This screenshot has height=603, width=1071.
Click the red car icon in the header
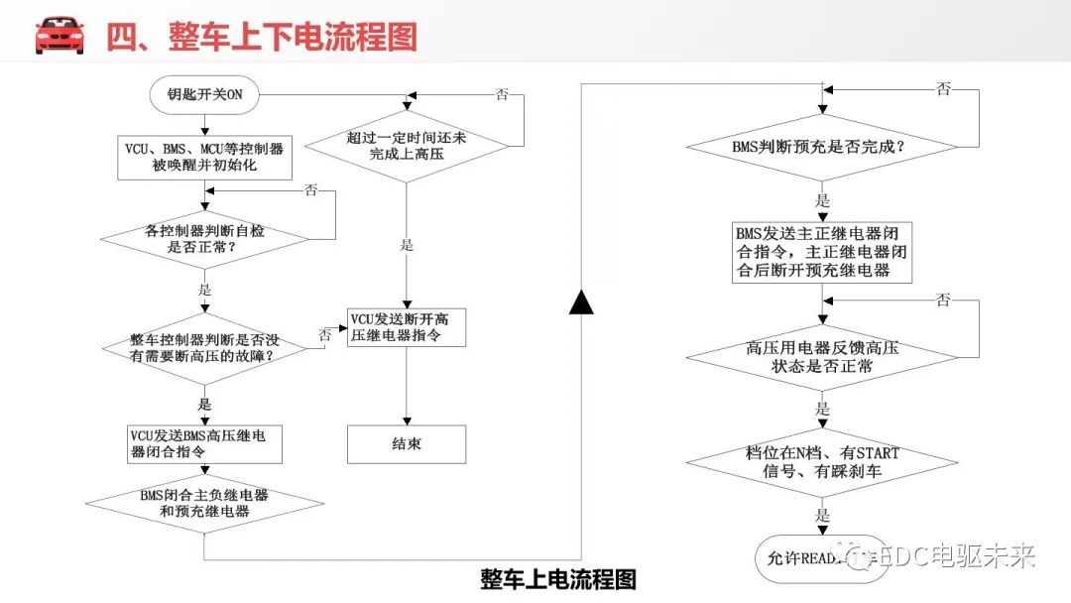[x=59, y=35]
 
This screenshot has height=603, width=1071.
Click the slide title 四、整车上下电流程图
[x=262, y=37]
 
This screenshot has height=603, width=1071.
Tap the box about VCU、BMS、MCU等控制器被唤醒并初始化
[x=203, y=158]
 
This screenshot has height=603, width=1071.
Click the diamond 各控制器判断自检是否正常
[x=204, y=239]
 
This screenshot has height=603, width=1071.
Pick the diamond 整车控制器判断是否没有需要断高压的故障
[x=204, y=346]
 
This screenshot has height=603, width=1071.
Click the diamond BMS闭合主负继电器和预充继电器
[x=204, y=504]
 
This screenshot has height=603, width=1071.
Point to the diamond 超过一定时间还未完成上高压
[x=407, y=146]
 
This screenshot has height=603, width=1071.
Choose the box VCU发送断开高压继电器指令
[x=407, y=328]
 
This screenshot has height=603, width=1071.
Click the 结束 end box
[x=407, y=443]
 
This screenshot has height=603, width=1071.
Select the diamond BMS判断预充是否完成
[x=822, y=147]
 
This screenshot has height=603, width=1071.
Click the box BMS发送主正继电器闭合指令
[x=822, y=252]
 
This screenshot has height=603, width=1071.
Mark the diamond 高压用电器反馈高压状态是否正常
[x=822, y=357]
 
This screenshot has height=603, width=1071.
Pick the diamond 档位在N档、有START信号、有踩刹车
[x=822, y=462]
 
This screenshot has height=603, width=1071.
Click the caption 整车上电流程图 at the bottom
[x=558, y=578]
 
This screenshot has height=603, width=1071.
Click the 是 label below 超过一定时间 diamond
[x=407, y=246]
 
